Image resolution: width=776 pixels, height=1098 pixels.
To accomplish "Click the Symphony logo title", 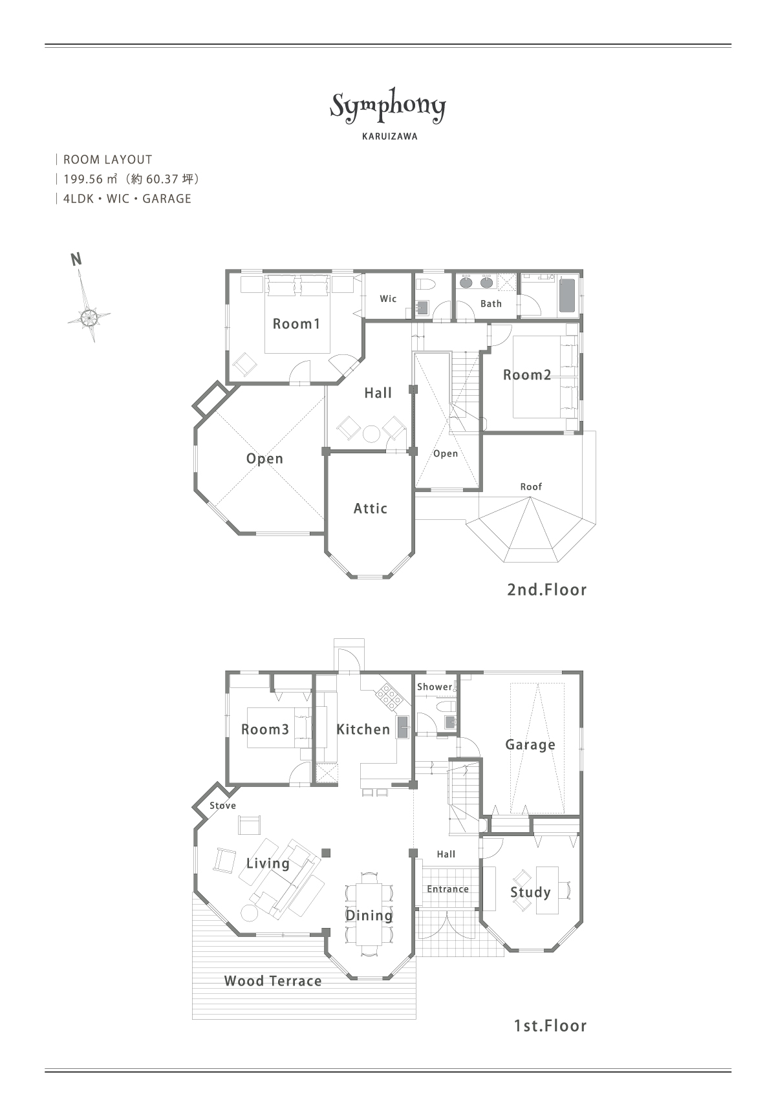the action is pos(388,107).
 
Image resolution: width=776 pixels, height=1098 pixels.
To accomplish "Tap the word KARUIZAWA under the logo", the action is pos(390,136).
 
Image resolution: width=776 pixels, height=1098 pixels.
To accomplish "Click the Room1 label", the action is pos(296,323).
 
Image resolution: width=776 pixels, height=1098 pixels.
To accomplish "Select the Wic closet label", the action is pos(388,299).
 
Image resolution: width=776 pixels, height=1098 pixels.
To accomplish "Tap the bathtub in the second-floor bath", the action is pos(568,296).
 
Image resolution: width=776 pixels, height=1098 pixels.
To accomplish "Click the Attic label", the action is pos(370,508).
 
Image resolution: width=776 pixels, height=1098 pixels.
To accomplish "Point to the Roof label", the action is pos(531,487).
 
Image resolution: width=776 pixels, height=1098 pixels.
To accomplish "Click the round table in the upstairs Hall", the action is pos(371,433).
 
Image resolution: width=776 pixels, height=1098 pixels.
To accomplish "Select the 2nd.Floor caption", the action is pos(546,589).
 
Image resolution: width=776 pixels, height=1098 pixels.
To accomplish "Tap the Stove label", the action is pos(222,805).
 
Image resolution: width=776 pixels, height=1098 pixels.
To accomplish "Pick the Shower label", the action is pos(435,687).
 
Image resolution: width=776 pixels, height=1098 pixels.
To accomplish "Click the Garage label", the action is pos(530,745).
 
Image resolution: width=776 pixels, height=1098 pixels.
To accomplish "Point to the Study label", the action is pos(530,892).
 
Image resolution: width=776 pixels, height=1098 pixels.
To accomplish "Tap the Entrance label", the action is pos(447,889).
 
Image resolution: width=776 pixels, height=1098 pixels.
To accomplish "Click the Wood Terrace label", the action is pos(272,981).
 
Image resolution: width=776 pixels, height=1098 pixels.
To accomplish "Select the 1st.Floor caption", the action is pos(550,1026).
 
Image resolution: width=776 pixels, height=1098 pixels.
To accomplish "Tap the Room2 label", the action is pos(527,375).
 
